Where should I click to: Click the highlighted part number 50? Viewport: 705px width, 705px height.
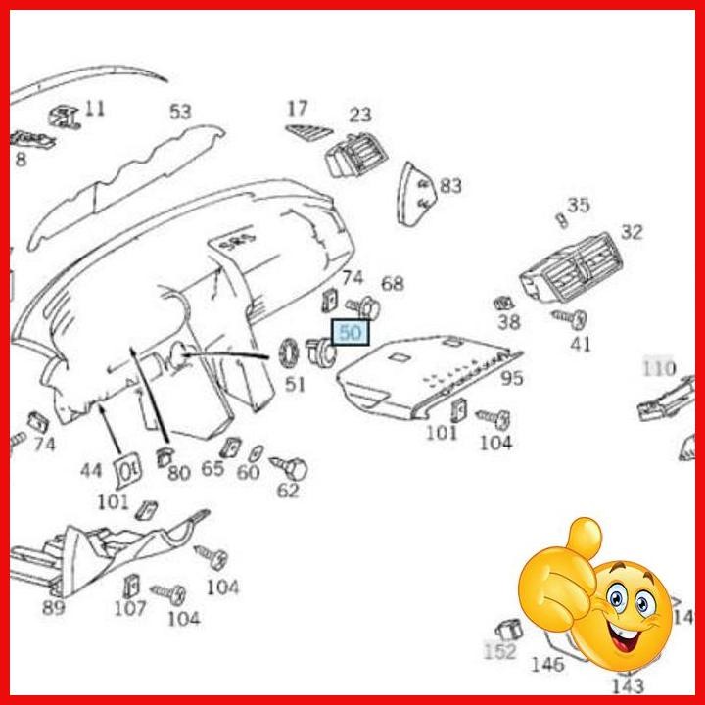coord(351,333)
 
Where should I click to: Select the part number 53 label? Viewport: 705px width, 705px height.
coord(180,113)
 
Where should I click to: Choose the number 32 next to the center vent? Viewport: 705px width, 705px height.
coord(632,232)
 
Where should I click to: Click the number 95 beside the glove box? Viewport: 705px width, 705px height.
coord(511,378)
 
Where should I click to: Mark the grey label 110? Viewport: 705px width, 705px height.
coord(659,368)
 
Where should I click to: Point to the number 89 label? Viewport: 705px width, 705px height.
coord(53,608)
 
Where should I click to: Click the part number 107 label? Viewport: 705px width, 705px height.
coord(129,609)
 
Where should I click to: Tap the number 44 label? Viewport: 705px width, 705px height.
coord(91,471)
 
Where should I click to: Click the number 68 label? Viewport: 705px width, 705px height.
coord(392,284)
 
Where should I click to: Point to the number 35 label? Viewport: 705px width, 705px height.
coord(579,205)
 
